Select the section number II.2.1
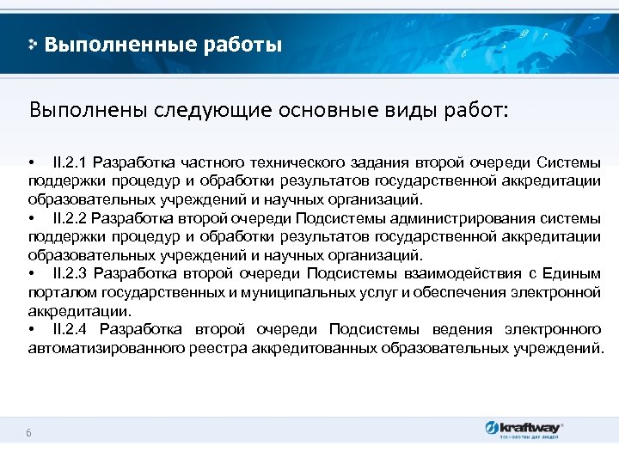[70, 162]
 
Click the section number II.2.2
[70, 218]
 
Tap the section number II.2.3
[70, 274]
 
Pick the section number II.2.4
[71, 330]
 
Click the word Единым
[573, 274]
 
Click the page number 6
[29, 433]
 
